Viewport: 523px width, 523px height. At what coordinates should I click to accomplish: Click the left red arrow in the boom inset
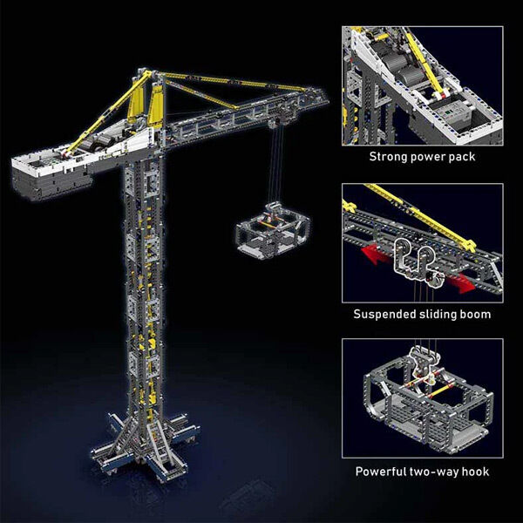(x=377, y=255)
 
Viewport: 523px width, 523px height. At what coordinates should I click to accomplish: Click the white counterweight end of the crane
(x=50, y=173)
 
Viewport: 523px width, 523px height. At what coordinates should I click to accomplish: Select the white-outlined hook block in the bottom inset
(x=424, y=364)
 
